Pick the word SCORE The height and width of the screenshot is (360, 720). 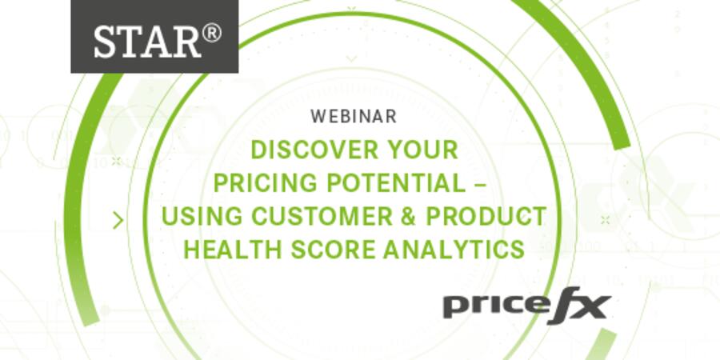324,249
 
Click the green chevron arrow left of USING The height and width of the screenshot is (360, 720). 119,219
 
